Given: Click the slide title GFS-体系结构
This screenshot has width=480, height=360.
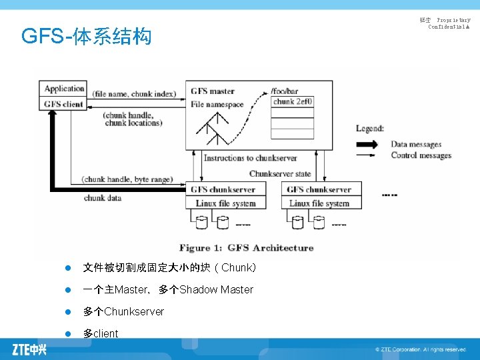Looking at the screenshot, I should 87,36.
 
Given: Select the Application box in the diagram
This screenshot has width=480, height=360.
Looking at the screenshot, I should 64,89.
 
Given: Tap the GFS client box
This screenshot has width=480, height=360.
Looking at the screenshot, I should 64,104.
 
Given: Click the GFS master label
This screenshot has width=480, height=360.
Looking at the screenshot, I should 213,91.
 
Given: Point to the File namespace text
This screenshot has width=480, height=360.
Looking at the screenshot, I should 217,104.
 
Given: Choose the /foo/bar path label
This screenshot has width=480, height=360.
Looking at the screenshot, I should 285,91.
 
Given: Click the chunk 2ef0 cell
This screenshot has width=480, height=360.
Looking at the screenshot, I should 293,101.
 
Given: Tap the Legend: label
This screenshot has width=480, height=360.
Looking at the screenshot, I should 370,129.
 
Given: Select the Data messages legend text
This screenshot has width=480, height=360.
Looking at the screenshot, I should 416,144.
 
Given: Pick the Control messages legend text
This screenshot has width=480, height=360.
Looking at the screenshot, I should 421,155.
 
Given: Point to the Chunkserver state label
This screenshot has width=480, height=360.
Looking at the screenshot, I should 280,173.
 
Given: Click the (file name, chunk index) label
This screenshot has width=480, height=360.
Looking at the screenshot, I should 134,94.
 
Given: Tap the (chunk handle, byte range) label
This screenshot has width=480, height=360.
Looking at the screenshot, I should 127,179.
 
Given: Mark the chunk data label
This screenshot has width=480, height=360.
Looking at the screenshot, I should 103,198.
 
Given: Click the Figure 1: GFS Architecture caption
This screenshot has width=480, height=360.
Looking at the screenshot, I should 246,248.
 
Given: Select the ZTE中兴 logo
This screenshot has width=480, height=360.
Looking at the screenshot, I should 29,349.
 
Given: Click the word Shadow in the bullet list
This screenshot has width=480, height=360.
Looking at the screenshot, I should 198,289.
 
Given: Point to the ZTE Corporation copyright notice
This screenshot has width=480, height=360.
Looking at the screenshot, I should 421,349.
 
